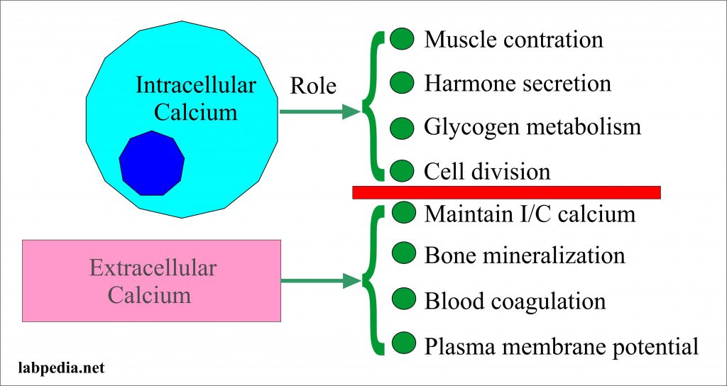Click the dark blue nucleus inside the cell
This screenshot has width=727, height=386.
pyautogui.click(x=151, y=163)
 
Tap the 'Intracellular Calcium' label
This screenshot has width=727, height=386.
pyautogui.click(x=196, y=99)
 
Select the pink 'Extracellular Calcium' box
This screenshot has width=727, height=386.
pyautogui.click(x=152, y=280)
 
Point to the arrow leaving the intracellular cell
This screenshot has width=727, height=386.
pyautogui.click(x=320, y=111)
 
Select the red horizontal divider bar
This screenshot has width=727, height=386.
pyautogui.click(x=506, y=192)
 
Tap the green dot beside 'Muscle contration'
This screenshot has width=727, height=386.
pyautogui.click(x=402, y=40)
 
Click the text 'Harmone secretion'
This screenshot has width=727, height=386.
pyautogui.click(x=518, y=83)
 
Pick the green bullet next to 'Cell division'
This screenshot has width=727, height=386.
pyautogui.click(x=402, y=171)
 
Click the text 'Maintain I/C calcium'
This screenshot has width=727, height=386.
pyautogui.click(x=530, y=214)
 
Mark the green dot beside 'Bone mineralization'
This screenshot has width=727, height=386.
pyautogui.click(x=402, y=253)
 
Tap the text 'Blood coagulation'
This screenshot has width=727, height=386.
pyautogui.click(x=515, y=301)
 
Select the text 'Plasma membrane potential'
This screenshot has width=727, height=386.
pyautogui.click(x=562, y=346)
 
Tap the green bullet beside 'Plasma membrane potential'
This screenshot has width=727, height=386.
pyautogui.click(x=402, y=343)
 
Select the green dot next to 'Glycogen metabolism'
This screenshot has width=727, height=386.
pyautogui.click(x=402, y=127)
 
